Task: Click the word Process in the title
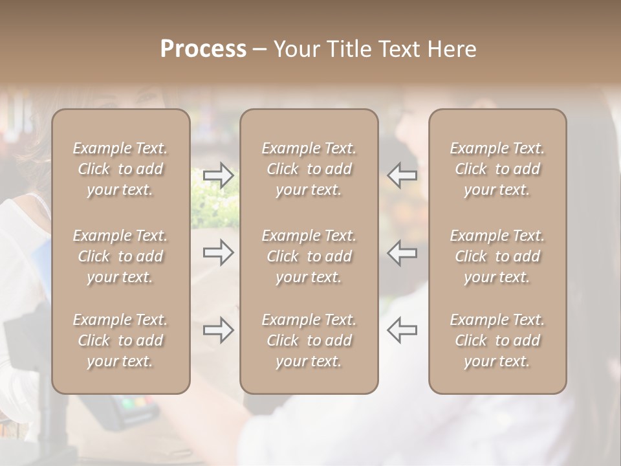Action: [203, 49]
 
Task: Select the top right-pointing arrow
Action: [219, 175]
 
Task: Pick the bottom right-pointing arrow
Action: [219, 329]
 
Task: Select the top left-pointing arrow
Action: [402, 175]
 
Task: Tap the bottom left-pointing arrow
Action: [402, 329]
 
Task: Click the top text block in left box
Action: [120, 169]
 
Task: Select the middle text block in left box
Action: [120, 256]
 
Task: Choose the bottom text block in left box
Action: [120, 340]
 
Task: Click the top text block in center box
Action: [309, 169]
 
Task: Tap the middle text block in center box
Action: [309, 256]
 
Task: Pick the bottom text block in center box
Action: [309, 340]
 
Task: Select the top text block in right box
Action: [497, 169]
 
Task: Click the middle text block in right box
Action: [497, 256]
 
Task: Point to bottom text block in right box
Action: [497, 340]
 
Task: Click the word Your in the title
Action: [296, 49]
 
